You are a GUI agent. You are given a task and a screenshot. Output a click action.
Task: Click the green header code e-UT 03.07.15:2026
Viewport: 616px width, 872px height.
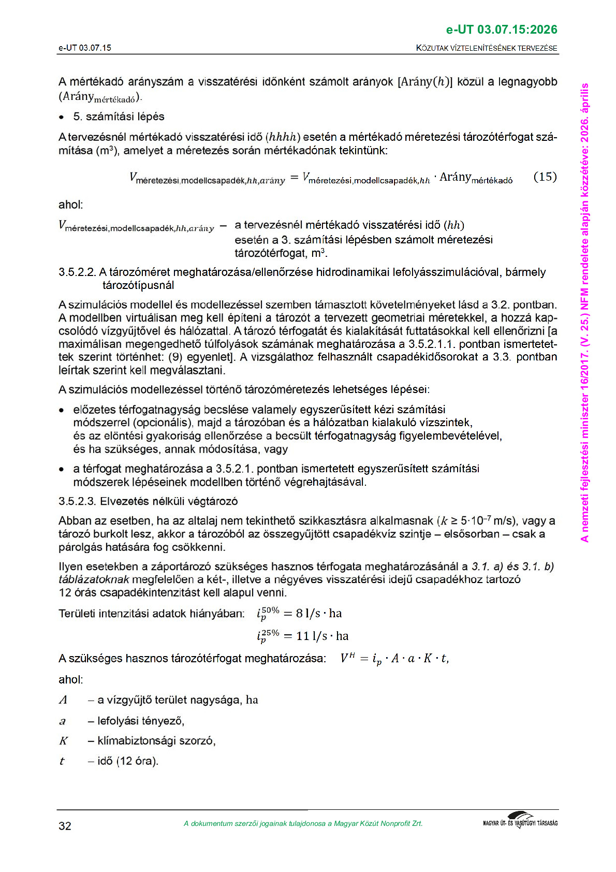click(501, 30)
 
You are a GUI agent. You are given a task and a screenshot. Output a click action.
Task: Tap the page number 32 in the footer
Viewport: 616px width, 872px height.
click(65, 826)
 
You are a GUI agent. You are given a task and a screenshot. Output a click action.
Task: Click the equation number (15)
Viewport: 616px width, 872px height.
click(545, 177)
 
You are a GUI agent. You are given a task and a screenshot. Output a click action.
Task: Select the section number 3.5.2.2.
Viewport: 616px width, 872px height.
click(77, 272)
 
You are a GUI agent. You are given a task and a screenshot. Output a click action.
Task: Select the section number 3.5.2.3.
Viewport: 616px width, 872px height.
click(77, 501)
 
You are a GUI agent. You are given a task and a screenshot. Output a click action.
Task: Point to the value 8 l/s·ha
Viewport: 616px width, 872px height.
click(319, 614)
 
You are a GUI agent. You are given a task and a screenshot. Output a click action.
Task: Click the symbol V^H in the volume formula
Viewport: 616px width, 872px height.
click(347, 658)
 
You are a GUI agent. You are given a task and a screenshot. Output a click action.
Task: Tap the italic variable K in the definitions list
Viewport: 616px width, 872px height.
click(63, 741)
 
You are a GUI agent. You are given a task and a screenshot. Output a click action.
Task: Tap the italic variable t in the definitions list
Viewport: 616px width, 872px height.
click(62, 761)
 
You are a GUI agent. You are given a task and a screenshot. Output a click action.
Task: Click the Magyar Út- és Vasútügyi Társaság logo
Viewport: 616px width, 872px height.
click(520, 821)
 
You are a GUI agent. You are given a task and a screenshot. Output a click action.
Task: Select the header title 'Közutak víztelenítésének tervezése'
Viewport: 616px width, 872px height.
click(487, 48)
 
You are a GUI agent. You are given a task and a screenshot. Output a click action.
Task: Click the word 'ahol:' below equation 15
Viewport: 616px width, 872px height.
click(70, 205)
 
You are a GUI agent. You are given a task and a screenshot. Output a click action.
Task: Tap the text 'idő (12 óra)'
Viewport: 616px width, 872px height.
click(127, 761)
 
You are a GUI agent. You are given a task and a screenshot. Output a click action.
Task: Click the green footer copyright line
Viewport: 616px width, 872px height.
click(303, 824)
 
